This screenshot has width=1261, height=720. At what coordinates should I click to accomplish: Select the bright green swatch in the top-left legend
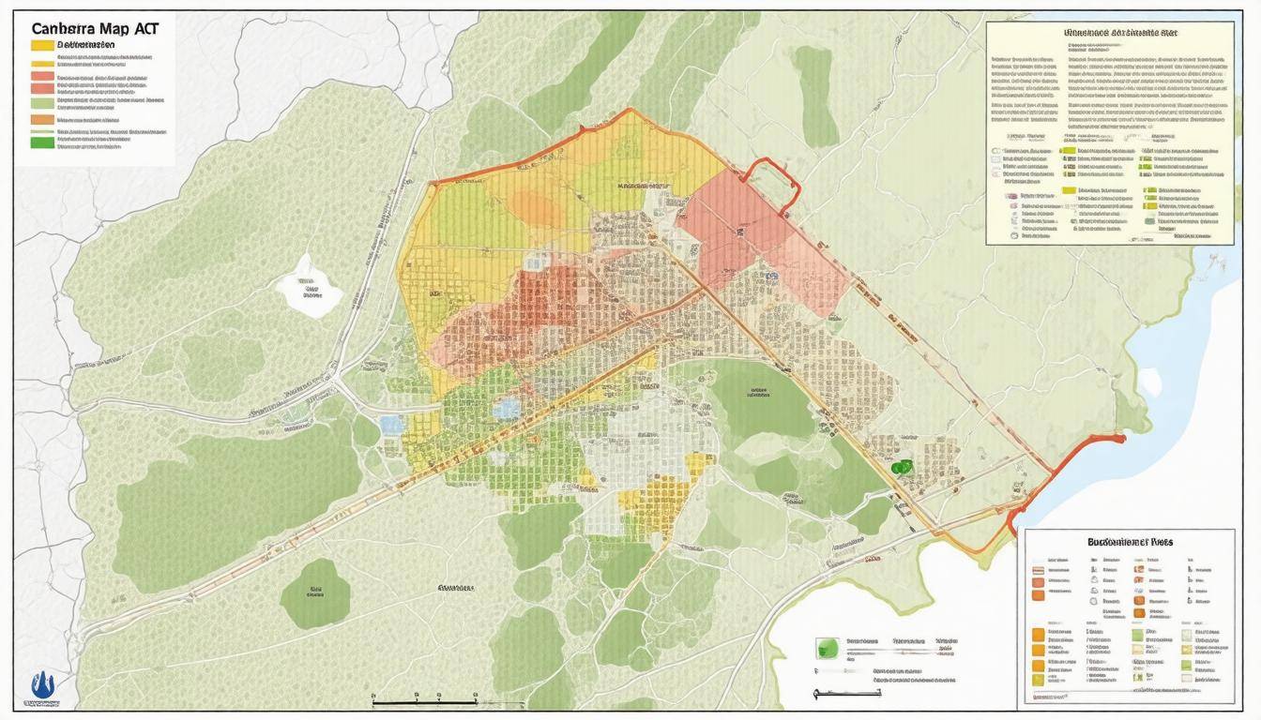click(42, 142)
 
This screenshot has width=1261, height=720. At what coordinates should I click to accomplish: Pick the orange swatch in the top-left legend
click(42, 119)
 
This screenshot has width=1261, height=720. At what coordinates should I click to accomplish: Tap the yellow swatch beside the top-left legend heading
click(42, 45)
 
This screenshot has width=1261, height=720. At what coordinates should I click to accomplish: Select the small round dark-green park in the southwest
click(315, 592)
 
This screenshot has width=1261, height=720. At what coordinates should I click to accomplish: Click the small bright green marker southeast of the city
click(902, 466)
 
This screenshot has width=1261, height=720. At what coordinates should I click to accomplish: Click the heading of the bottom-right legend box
click(1129, 541)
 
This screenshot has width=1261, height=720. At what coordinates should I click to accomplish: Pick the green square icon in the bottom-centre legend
click(828, 647)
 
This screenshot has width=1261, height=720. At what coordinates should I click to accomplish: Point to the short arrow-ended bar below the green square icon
click(847, 694)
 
